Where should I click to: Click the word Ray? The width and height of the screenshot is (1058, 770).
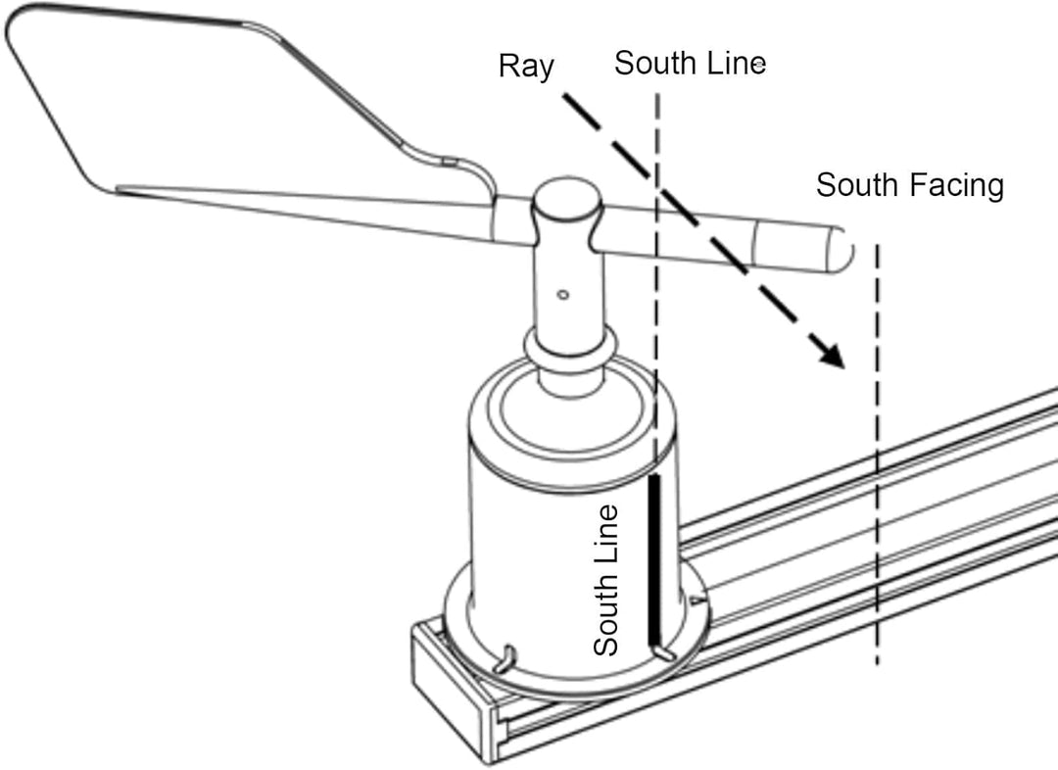(526, 67)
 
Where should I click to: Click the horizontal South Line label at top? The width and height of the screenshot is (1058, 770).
(690, 63)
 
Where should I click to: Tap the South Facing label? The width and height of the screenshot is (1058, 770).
(909, 185)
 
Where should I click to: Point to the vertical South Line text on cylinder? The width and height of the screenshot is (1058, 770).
(605, 580)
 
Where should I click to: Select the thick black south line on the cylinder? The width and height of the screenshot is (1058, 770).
(653, 559)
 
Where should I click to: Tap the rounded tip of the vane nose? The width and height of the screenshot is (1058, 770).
(843, 249)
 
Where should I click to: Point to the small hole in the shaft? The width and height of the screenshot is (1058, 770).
(562, 294)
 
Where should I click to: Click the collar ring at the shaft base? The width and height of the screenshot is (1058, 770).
(570, 346)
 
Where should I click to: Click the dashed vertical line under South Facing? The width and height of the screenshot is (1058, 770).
(877, 455)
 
